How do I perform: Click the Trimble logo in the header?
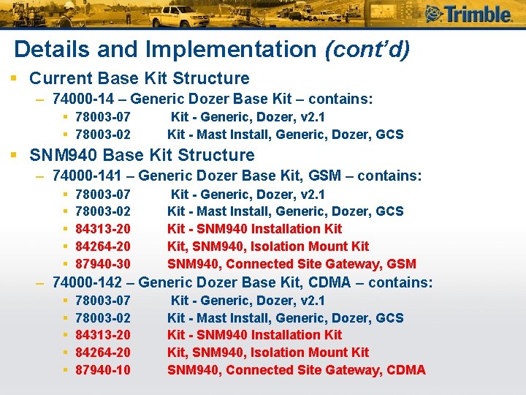click(468, 14)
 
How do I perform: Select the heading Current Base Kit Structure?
click(139, 78)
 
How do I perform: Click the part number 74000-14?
click(83, 99)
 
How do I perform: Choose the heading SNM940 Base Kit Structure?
click(142, 155)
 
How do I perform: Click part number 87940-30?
click(103, 264)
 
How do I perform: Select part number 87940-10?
click(103, 370)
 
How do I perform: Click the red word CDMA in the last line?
click(405, 370)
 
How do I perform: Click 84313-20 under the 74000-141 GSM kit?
click(103, 229)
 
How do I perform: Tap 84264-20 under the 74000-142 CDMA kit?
click(103, 353)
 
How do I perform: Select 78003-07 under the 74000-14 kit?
click(103, 117)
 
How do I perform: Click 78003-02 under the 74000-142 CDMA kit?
click(103, 317)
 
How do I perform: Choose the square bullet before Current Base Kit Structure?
click(14, 78)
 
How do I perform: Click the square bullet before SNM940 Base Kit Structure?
click(14, 155)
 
